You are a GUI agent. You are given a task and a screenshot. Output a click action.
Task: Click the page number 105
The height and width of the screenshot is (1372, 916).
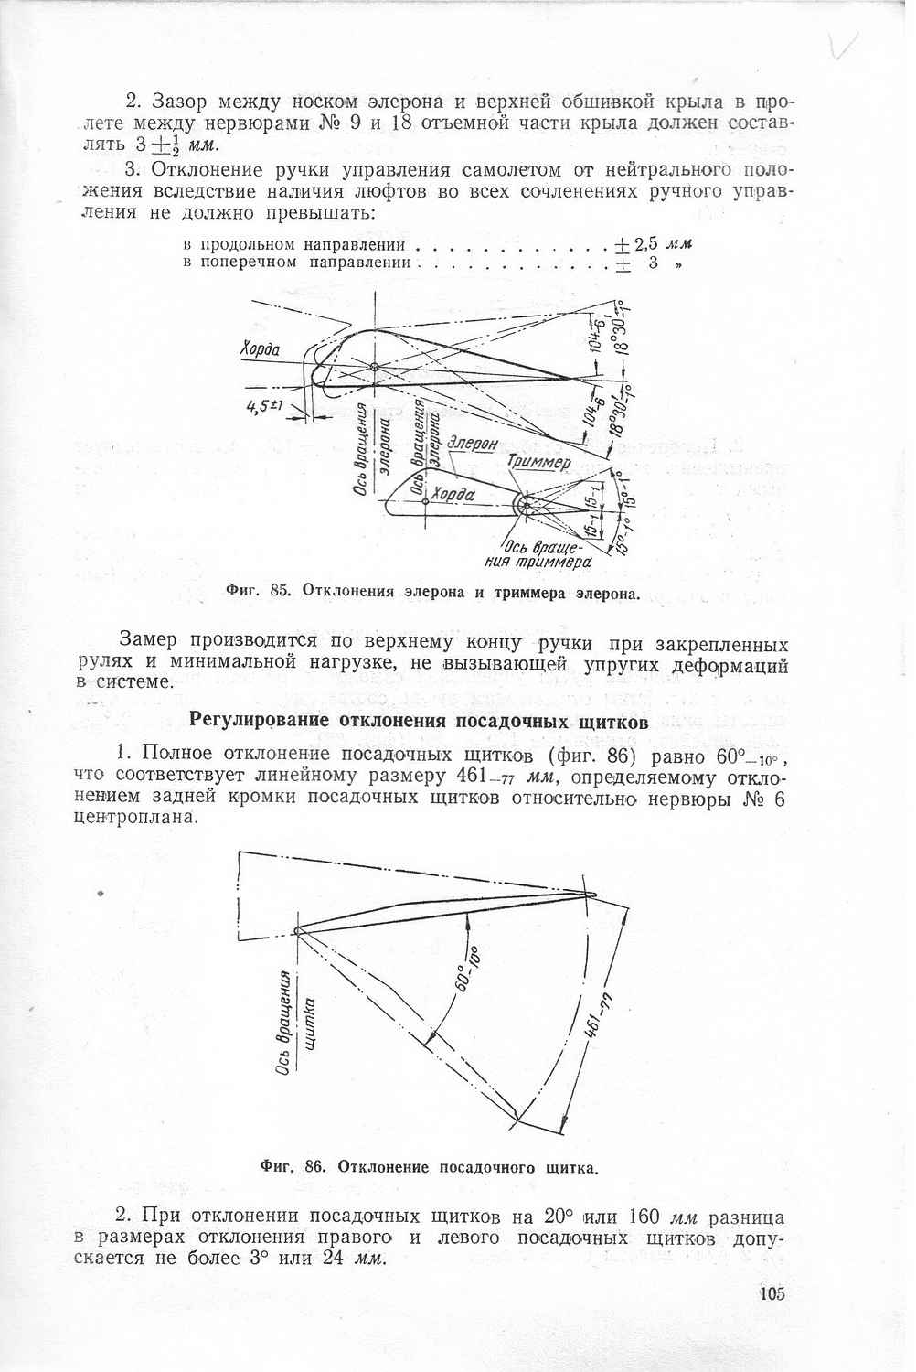click(x=772, y=1293)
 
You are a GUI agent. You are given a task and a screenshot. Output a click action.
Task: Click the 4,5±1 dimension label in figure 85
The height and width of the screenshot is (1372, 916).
click(x=267, y=408)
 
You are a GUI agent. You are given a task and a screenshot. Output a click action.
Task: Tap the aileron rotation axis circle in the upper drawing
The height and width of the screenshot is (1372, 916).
click(x=375, y=368)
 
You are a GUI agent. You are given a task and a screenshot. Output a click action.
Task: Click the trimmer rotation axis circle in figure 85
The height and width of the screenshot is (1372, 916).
click(x=527, y=503)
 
